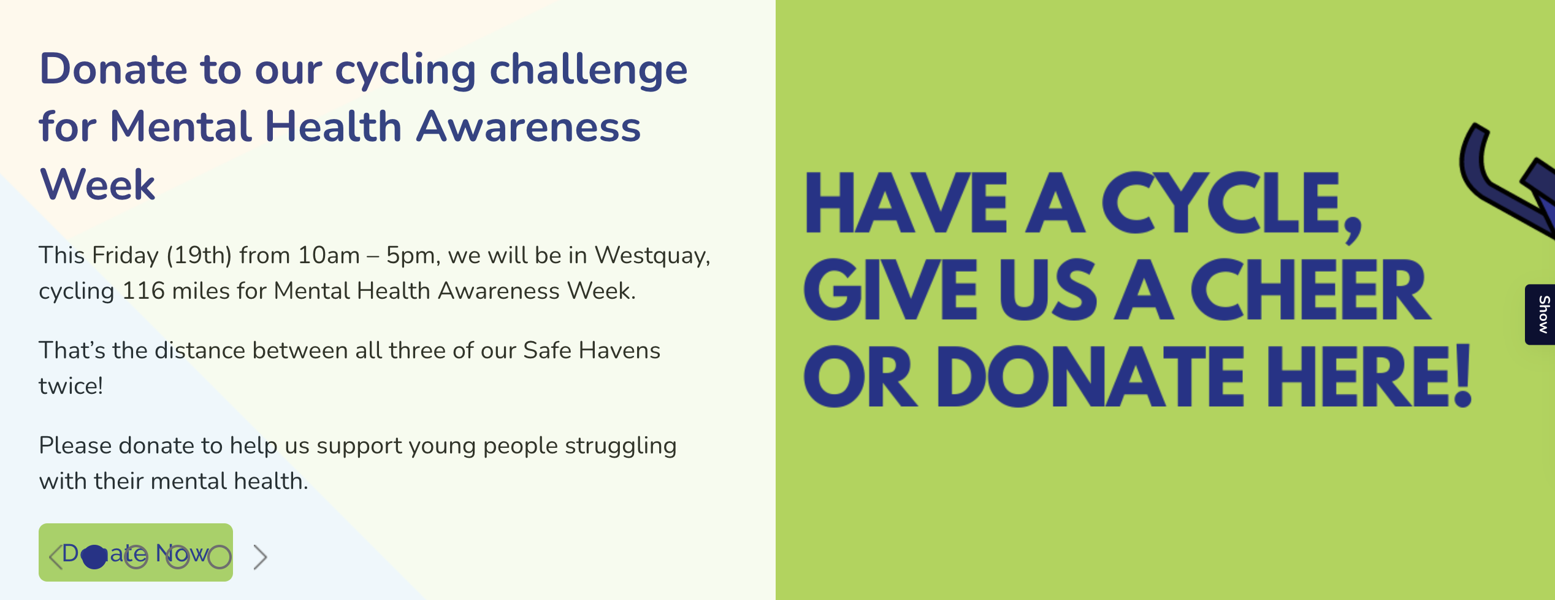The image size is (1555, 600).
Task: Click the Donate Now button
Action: coord(136,552)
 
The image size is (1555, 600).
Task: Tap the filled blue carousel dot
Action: coord(94,557)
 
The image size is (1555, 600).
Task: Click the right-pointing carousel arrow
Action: coord(261,557)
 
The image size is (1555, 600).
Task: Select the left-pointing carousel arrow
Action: coord(55,557)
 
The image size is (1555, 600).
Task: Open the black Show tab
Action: coord(1540,315)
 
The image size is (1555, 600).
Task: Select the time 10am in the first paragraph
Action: coord(329,255)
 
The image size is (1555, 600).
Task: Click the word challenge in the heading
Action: coord(589,71)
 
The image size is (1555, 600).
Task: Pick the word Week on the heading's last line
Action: coord(97,184)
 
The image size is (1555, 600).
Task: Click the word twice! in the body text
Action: coord(71,386)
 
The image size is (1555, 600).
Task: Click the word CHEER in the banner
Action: coord(1312,290)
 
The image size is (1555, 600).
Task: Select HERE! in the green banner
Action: coord(1369,375)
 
